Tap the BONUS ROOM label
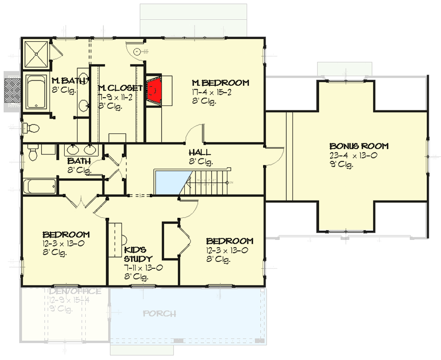click(359, 146)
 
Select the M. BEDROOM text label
click(220, 83)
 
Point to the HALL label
click(200, 153)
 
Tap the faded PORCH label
click(159, 314)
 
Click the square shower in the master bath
click(37, 55)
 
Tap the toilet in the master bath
click(31, 128)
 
